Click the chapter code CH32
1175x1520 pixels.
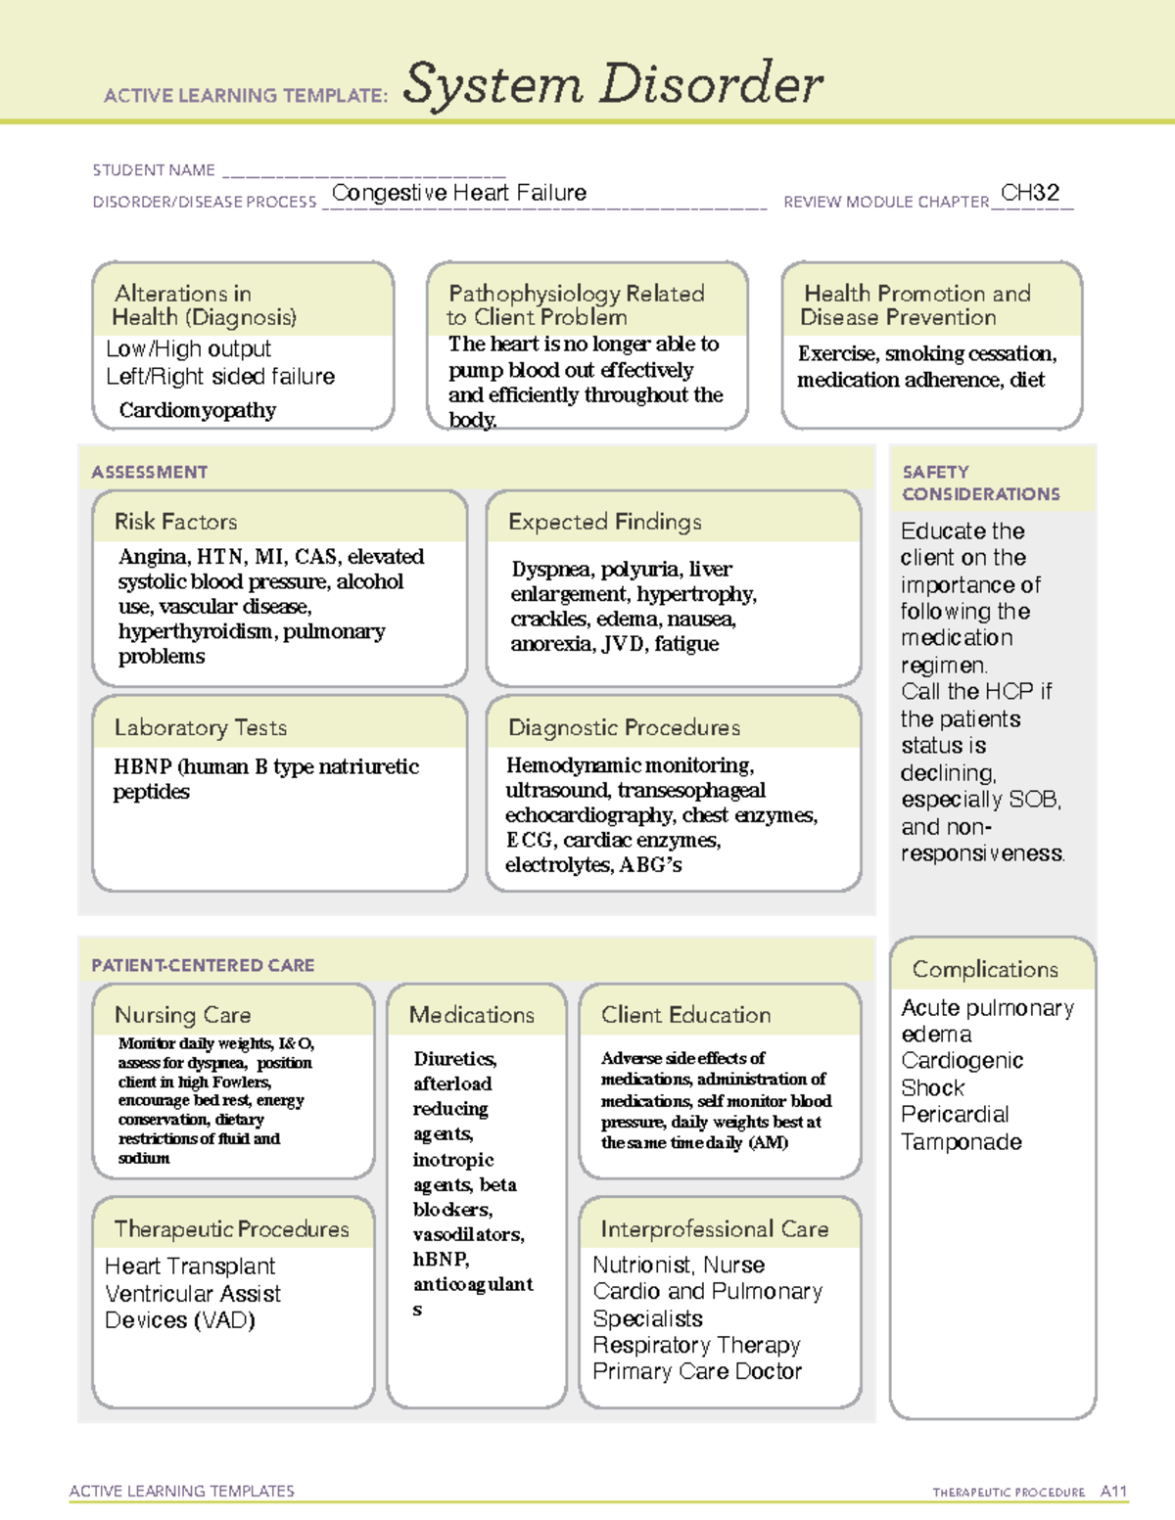coord(1030,193)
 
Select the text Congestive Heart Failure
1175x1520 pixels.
coord(459,193)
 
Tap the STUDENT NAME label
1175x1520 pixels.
coord(154,170)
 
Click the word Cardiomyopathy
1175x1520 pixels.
coord(198,410)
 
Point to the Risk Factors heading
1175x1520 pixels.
coord(176,522)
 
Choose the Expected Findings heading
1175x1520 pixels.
coord(604,522)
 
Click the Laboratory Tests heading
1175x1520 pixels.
coord(201,727)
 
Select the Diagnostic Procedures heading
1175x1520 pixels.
coord(624,727)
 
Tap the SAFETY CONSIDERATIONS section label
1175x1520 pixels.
coord(980,484)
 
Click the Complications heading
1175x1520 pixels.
coord(985,969)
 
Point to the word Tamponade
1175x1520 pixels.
coord(962,1142)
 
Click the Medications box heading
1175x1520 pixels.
coord(472,1015)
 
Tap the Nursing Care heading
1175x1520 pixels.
coord(183,1015)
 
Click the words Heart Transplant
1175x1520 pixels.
coord(190,1267)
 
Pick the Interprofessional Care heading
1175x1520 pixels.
coord(715,1229)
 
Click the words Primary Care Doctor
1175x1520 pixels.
coord(697,1372)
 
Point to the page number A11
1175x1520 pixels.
coord(1113,1491)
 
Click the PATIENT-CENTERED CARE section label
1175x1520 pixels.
coord(203,965)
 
